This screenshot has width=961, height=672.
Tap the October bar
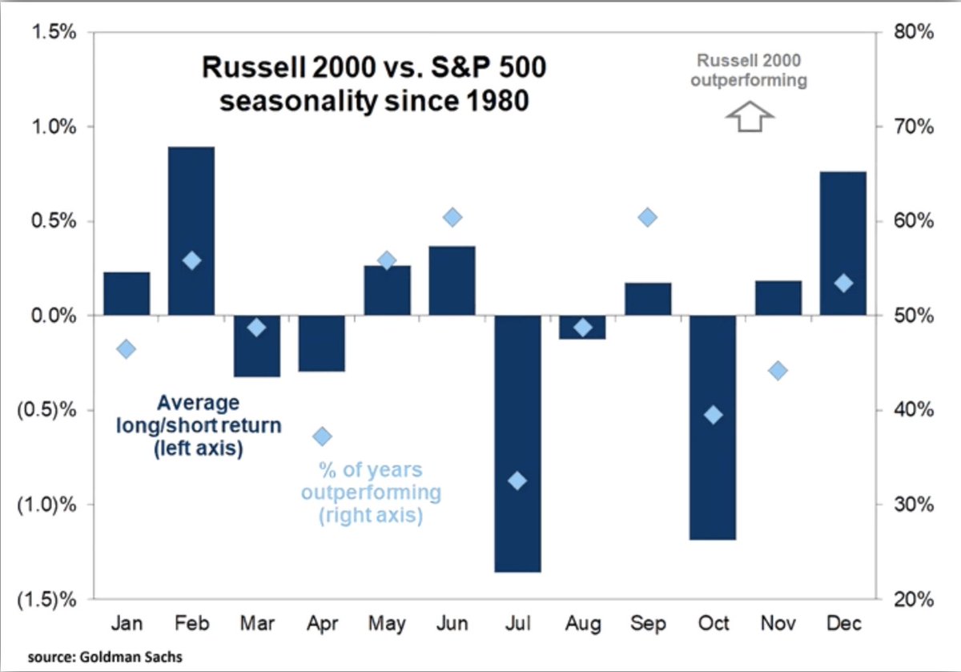point(713,427)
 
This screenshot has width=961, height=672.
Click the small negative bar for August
point(582,327)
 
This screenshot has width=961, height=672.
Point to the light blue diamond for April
point(322,436)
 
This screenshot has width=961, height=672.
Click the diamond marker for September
point(648,217)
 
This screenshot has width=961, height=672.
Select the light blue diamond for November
point(778,370)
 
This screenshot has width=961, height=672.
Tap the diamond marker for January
point(126,348)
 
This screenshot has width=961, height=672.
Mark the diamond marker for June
point(452,217)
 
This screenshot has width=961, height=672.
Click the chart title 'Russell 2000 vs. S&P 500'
point(374,69)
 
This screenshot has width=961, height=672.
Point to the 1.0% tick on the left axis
point(55,127)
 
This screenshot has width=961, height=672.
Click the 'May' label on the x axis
point(387,623)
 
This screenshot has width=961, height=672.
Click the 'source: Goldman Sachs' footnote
point(94,658)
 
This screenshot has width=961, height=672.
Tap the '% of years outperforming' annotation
point(370,492)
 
